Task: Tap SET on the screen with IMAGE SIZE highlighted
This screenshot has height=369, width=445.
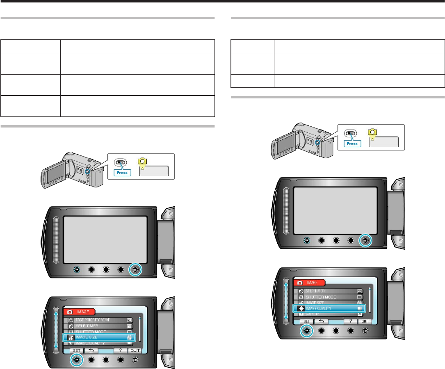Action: point(76,351)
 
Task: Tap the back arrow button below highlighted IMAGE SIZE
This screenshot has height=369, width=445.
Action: point(90,351)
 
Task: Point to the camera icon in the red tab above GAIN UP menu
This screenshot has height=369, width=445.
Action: point(299,282)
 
